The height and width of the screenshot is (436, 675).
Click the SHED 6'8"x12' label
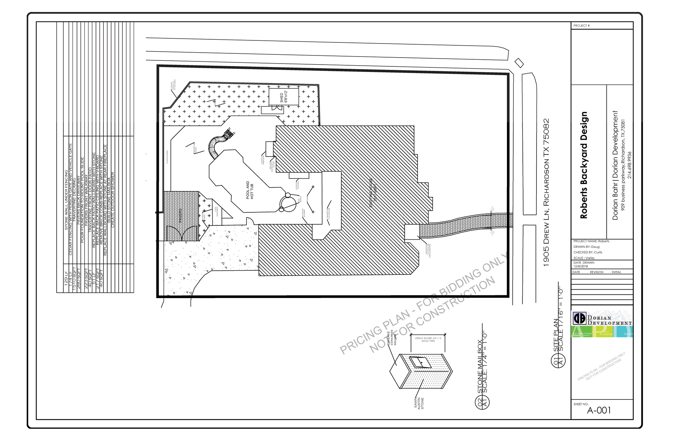tap(283, 97)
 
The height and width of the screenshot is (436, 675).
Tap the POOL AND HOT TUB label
tap(250, 190)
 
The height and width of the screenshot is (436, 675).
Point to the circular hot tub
tap(289, 203)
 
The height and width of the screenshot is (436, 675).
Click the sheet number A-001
tap(599, 410)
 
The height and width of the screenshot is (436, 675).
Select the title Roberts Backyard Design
tap(584, 165)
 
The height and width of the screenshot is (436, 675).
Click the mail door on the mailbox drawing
tap(420, 362)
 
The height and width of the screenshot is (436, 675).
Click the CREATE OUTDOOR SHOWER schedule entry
tap(113, 199)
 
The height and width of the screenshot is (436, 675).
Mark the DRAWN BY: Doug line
tap(586, 247)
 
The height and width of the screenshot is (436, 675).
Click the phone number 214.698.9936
tap(630, 165)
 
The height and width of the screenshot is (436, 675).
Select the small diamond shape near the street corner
tap(519, 63)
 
